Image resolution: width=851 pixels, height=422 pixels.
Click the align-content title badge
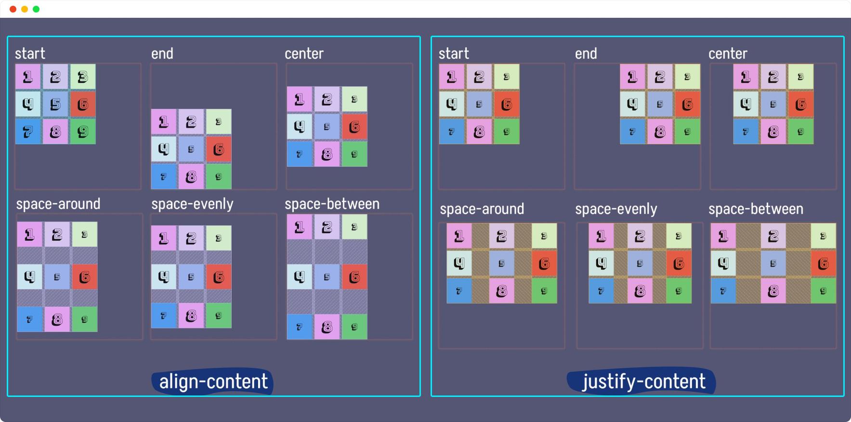[212, 382]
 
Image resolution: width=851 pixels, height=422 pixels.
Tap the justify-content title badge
[642, 382]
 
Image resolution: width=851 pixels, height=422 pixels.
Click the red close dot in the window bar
[13, 9]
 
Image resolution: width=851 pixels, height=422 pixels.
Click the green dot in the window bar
[36, 9]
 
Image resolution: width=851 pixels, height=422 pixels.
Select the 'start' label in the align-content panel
[30, 53]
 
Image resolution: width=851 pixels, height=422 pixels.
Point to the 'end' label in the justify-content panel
[586, 53]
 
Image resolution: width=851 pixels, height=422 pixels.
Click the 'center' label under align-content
[304, 53]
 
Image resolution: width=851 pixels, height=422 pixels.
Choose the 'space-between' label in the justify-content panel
[756, 209]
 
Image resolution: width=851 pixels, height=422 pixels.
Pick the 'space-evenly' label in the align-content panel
[192, 204]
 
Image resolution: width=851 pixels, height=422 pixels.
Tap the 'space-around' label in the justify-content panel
[482, 209]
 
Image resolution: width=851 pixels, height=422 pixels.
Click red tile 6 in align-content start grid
[83, 104]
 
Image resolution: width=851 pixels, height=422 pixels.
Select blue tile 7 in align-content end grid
[164, 176]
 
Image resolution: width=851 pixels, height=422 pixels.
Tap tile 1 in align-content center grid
[300, 99]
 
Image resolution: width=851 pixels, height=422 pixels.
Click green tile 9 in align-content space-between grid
[354, 327]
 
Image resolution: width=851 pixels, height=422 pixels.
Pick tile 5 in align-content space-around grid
[57, 277]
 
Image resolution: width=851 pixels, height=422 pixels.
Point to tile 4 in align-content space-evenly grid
[164, 277]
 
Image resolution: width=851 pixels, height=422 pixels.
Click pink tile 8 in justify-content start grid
[479, 132]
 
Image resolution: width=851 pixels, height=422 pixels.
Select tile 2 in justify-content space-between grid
[773, 236]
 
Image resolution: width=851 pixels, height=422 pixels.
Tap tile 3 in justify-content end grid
[687, 77]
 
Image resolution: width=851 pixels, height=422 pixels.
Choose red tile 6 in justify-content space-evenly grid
[679, 264]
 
